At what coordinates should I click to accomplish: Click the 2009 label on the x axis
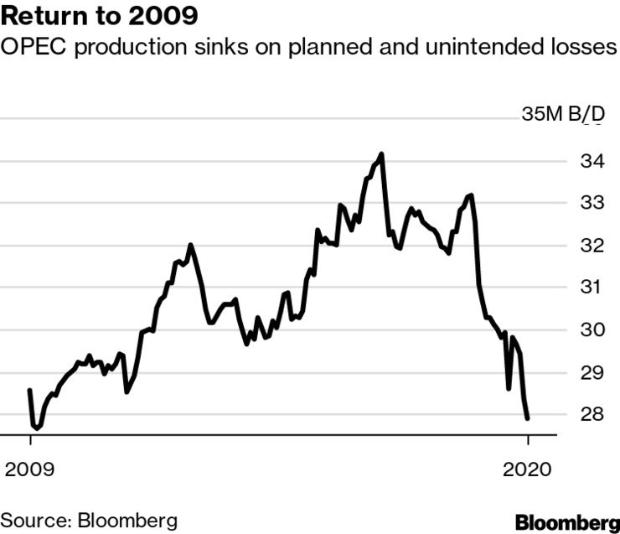pyautogui.click(x=30, y=469)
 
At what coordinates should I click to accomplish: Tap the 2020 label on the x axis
pyautogui.click(x=528, y=469)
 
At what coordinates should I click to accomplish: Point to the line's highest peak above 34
pyautogui.click(x=382, y=154)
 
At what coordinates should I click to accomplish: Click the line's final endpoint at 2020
pyautogui.click(x=528, y=418)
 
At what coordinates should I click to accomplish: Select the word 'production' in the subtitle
pyautogui.click(x=127, y=48)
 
